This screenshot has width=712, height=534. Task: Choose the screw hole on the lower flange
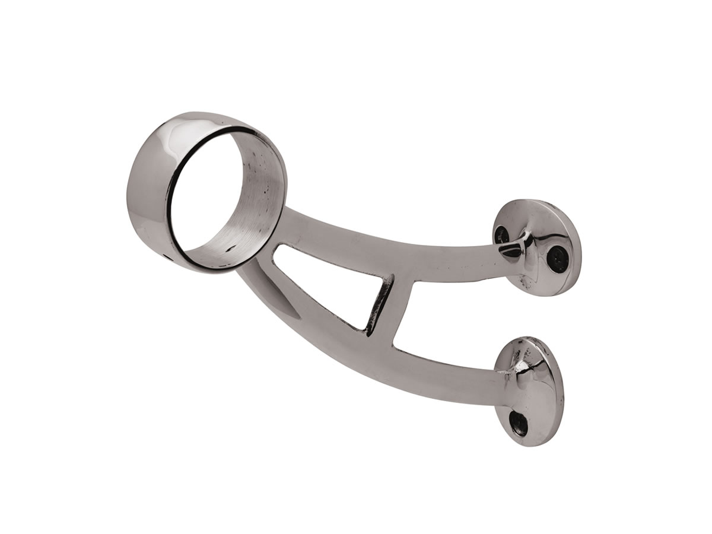click(519, 422)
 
